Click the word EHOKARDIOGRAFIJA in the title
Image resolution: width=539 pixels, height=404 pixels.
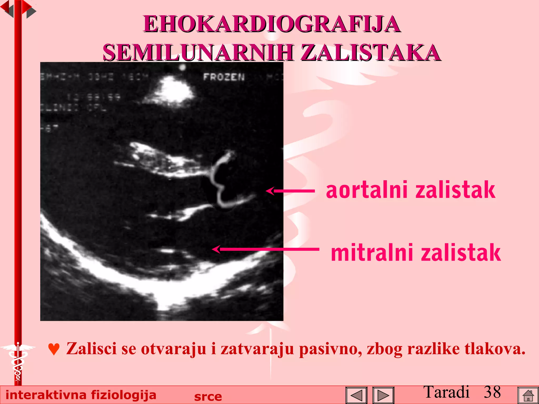pyautogui.click(x=272, y=24)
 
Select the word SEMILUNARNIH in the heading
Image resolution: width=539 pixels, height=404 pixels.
pyautogui.click(x=198, y=53)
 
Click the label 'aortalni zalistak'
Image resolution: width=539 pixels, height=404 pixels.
pyautogui.click(x=411, y=190)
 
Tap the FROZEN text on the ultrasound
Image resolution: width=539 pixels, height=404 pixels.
pyautogui.click(x=224, y=77)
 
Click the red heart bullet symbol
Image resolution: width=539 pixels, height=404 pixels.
pyautogui.click(x=54, y=349)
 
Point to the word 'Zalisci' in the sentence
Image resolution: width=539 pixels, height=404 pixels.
pyautogui.click(x=91, y=349)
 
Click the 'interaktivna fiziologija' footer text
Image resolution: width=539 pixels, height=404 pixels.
pyautogui.click(x=81, y=395)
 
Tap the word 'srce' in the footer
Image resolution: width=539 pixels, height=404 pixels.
pyautogui.click(x=208, y=396)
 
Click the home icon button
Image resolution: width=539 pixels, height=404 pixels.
pyautogui.click(x=528, y=395)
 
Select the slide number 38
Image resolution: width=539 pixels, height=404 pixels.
pyautogui.click(x=492, y=392)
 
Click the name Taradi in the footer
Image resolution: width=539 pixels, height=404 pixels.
pyautogui.click(x=446, y=392)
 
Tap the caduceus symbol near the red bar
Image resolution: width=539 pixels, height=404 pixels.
pyautogui.click(x=18, y=360)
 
